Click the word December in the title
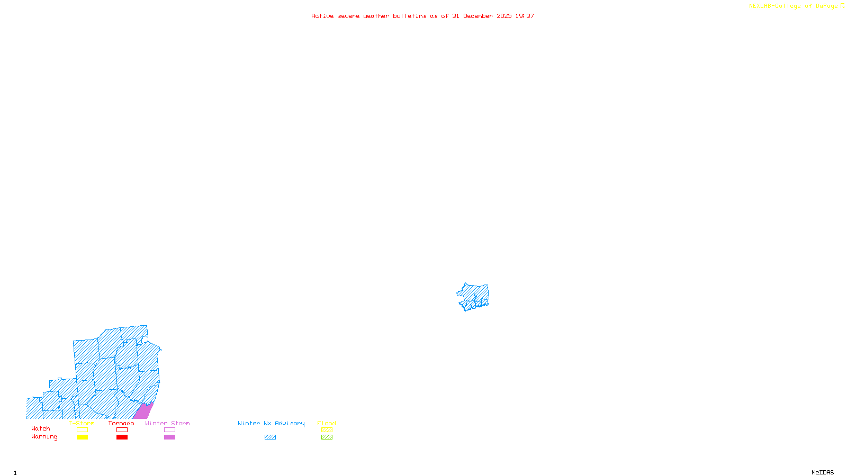(478, 16)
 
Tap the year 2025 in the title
(504, 16)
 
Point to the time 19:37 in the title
(525, 16)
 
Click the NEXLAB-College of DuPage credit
(793, 6)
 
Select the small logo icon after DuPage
(842, 6)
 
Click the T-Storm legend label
(82, 423)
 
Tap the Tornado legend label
(121, 423)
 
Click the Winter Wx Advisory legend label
(271, 423)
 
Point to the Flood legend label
(327, 423)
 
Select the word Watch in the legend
(41, 429)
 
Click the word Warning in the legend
(44, 437)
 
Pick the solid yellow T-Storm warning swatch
(82, 437)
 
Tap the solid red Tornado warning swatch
(122, 437)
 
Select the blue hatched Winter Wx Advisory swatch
(270, 437)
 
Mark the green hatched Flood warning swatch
(327, 437)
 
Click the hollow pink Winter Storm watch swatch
(169, 430)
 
